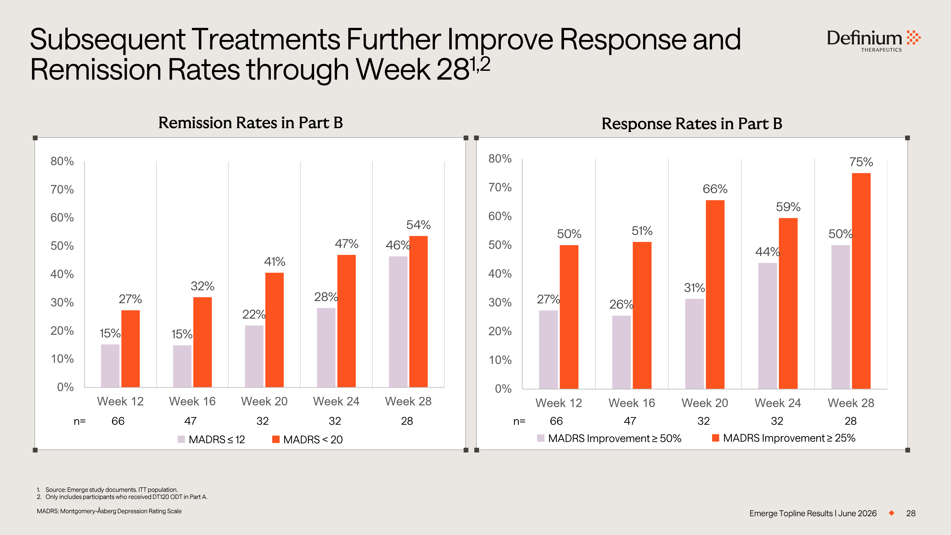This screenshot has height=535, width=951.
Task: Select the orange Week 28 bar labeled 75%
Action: (x=861, y=281)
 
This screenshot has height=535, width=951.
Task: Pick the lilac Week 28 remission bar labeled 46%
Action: (x=398, y=321)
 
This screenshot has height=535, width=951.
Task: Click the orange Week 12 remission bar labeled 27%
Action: (x=130, y=349)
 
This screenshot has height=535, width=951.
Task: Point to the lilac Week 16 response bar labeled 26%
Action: (x=621, y=352)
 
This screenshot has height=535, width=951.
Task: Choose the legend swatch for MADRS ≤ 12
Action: (x=181, y=439)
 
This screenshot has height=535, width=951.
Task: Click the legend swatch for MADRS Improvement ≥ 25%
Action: (x=715, y=438)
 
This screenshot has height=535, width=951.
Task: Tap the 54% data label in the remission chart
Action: (x=418, y=224)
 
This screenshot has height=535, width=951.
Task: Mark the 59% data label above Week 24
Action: (x=788, y=207)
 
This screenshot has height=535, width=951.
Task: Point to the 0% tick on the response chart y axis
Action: (x=503, y=389)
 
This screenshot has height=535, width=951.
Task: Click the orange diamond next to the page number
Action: (x=892, y=513)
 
